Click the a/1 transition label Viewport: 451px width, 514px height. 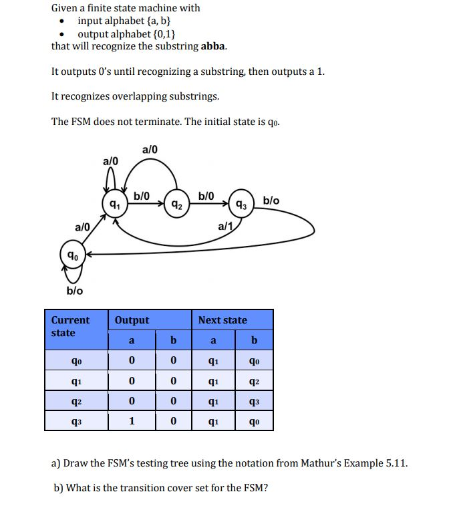[x=225, y=228]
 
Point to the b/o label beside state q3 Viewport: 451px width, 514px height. [x=271, y=201]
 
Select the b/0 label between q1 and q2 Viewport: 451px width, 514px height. [x=142, y=196]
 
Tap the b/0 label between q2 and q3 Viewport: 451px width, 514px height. [x=206, y=196]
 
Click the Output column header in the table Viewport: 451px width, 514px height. [x=132, y=320]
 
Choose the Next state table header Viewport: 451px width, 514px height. [x=222, y=320]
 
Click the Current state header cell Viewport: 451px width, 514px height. [x=70, y=326]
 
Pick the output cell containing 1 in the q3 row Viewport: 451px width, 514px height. [x=132, y=421]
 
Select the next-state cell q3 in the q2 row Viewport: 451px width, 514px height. [x=253, y=402]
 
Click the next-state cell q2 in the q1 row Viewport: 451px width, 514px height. [x=253, y=382]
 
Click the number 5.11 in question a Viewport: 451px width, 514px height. [x=394, y=463]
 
